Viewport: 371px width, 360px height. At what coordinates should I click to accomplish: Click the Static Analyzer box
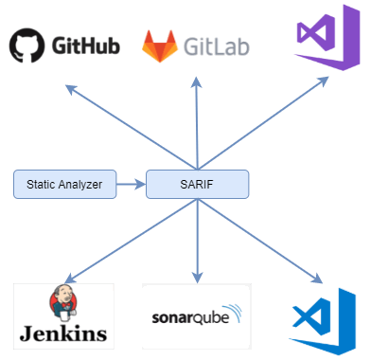point(65,184)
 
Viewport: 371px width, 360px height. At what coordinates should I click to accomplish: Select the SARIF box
point(197,184)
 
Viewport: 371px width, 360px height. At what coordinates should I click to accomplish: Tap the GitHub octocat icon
point(27,45)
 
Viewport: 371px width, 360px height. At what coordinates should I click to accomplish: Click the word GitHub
point(86,45)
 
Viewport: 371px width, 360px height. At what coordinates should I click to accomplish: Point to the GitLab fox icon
point(158,45)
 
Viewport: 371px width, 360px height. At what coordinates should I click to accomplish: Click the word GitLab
point(218,45)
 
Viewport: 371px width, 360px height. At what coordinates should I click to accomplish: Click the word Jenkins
point(63,333)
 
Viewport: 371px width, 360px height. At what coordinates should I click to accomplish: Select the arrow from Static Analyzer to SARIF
point(131,184)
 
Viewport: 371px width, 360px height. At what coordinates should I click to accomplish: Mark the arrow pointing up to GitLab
point(196,123)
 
